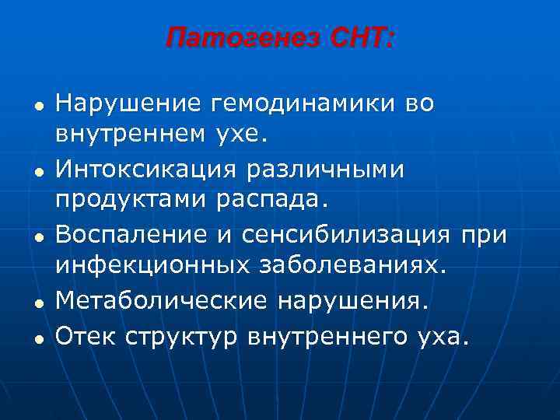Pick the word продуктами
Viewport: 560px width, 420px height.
click(x=128, y=201)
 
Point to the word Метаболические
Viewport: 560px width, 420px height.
click(x=155, y=299)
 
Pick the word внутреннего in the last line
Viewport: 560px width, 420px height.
click(x=327, y=337)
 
